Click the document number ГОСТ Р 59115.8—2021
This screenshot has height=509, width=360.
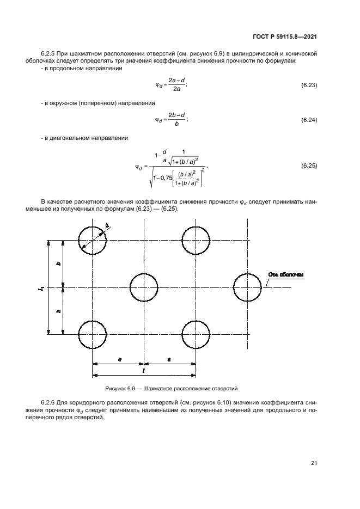pos(284,36)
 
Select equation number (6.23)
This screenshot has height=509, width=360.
pos(309,85)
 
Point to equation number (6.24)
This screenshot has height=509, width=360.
pos(309,120)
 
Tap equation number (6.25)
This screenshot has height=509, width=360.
pos(309,166)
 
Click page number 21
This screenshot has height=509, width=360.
pos(314,463)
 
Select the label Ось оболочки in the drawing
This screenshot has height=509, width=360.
pos(286,275)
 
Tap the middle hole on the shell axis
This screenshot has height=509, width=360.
pos(144,273)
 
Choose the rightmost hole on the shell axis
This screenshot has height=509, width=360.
pos(247,273)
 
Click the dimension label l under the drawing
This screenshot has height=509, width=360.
pos(143,371)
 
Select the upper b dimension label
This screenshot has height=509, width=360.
pos(58,264)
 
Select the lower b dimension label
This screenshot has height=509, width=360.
pos(58,311)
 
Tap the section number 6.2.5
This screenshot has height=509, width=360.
pos(48,53)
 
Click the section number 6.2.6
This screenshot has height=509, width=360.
pos(48,403)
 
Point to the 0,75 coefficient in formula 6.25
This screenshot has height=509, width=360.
pos(166,177)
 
